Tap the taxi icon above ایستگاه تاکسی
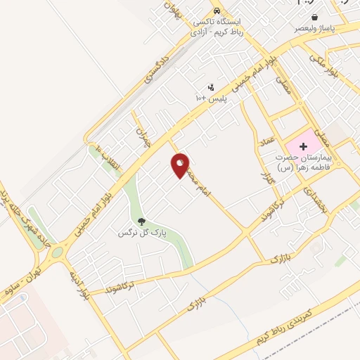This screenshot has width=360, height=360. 219,11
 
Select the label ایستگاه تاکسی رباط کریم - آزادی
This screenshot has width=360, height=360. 219,27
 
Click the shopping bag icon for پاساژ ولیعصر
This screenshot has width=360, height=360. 314,18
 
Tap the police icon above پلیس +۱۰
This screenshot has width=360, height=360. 210,86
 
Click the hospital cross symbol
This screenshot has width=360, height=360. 303,146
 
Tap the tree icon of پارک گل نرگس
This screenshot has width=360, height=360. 142,222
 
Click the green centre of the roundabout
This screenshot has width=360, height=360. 56,252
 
